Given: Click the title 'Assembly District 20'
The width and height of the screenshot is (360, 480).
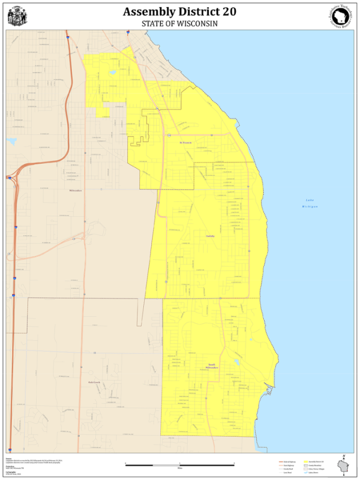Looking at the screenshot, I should pyautogui.click(x=179, y=11).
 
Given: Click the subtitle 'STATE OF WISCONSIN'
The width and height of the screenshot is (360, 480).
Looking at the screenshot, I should pyautogui.click(x=179, y=23).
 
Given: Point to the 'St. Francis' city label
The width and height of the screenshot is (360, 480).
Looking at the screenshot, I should pyautogui.click(x=186, y=143).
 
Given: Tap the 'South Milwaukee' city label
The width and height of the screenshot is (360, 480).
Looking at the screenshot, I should pyautogui.click(x=212, y=366).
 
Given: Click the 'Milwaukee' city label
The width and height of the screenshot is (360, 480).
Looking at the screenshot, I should pyautogui.click(x=75, y=190).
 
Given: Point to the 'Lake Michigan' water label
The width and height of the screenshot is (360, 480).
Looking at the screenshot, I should pyautogui.click(x=310, y=203).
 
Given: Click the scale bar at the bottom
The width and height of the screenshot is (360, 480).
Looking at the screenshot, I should pyautogui.click(x=179, y=465).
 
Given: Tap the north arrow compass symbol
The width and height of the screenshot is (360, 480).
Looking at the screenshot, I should pyautogui.click(x=344, y=457).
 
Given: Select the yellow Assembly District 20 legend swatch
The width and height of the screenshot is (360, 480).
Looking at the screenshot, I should pyautogui.click(x=306, y=461).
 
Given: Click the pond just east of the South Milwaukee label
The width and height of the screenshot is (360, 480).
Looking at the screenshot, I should pyautogui.click(x=236, y=362).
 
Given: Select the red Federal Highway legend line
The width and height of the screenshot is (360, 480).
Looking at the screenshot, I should pyautogui.click(x=281, y=461).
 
